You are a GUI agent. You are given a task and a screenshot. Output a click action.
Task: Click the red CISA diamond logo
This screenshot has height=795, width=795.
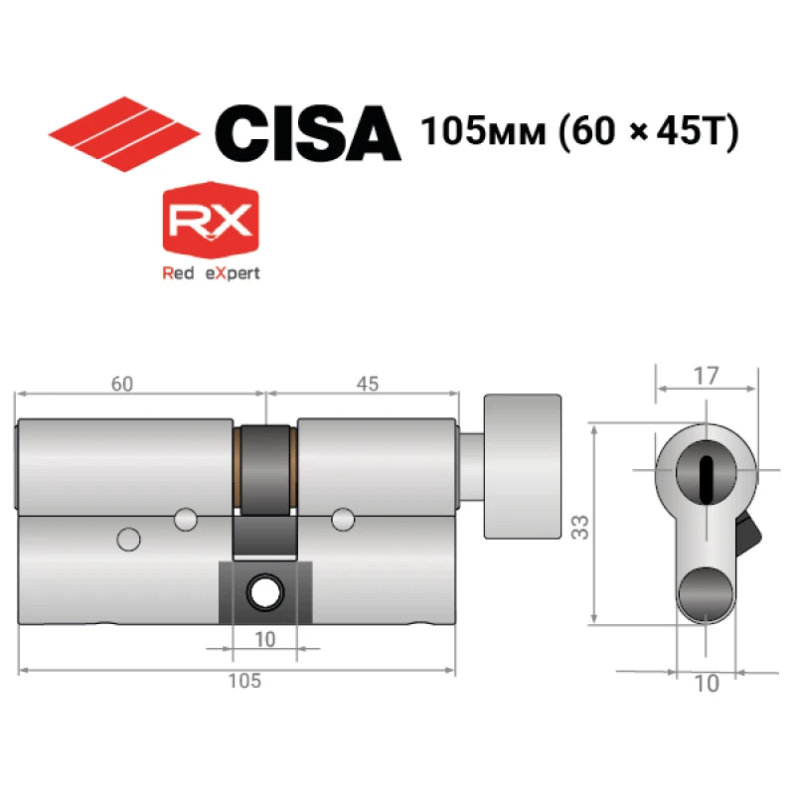pyautogui.click(x=124, y=134)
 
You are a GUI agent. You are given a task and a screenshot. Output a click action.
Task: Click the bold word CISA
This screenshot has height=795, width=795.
pyautogui.click(x=308, y=134)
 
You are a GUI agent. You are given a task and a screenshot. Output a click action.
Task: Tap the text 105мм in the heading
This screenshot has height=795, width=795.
pyautogui.click(x=483, y=131)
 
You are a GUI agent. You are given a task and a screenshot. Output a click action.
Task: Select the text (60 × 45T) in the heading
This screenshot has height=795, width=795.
pyautogui.click(x=648, y=132)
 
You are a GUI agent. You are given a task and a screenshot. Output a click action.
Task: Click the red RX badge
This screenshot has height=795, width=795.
pyautogui.click(x=211, y=220)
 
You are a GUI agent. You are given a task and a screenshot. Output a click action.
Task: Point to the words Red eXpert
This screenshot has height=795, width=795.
pyautogui.click(x=211, y=273)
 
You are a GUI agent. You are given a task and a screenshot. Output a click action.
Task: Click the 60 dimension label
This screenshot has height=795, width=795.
pyautogui.click(x=122, y=384)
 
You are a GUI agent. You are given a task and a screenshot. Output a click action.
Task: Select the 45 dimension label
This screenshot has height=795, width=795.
pyautogui.click(x=368, y=384)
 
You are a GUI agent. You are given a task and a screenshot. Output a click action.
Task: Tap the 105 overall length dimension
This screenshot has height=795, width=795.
pyautogui.click(x=244, y=681)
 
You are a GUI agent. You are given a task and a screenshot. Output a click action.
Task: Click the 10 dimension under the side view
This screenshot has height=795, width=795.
pyautogui.click(x=264, y=639)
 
